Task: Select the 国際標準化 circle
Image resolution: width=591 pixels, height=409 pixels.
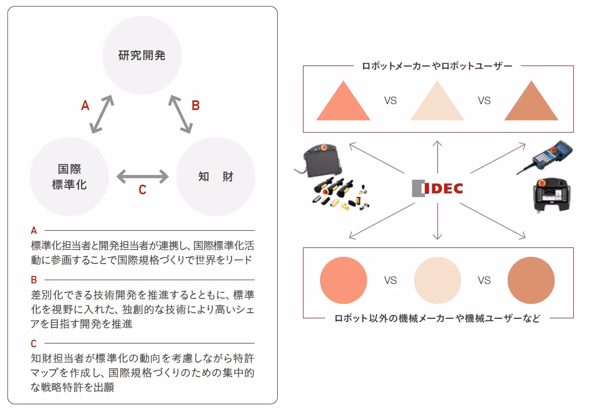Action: coord(69,177)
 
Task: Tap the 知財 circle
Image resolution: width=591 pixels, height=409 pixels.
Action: coord(216,177)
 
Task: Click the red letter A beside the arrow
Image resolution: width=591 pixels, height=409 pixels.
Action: coord(85,106)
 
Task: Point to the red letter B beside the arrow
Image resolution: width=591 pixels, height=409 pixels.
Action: coord(196,105)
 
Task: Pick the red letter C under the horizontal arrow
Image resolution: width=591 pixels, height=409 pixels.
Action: coord(142,190)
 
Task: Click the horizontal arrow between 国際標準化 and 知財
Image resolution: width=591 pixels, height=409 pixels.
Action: coord(142,176)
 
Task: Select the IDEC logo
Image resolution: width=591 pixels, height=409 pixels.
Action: coord(437,188)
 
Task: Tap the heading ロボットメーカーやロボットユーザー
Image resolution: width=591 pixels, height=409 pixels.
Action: coord(437,66)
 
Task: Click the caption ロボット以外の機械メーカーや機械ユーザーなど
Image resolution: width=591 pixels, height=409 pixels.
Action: coord(437,318)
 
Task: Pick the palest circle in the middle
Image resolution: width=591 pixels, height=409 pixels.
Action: coord(437,280)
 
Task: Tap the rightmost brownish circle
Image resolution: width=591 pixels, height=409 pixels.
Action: coord(531,280)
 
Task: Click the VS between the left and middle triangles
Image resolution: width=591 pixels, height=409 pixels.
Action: coord(390,100)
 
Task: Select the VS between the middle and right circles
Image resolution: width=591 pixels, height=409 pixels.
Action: coord(484,280)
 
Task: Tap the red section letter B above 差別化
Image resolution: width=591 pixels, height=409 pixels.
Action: coord(34,280)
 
